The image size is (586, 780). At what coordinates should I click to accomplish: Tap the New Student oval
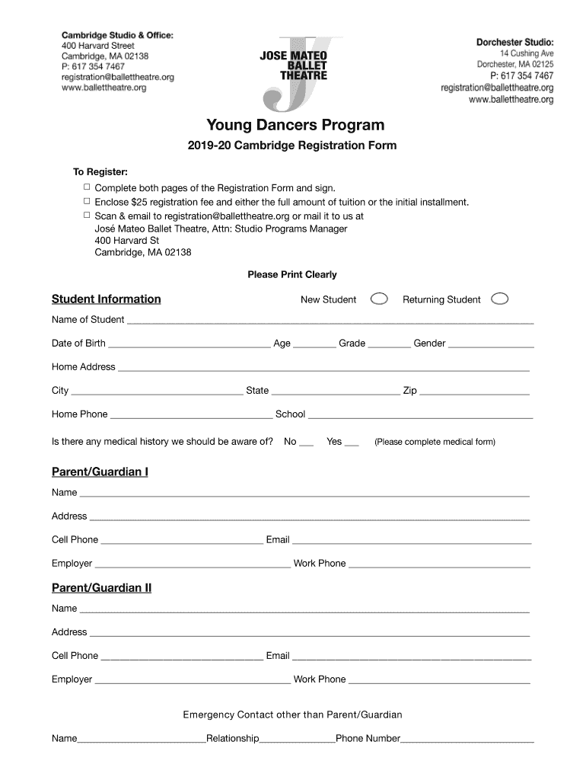coord(379,299)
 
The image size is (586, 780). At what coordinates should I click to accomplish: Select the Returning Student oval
coord(500,299)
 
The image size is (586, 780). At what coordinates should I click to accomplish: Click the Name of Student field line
coord(330,321)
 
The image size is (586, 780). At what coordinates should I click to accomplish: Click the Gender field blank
coord(491,344)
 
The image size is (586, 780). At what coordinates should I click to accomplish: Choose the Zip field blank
coord(474,392)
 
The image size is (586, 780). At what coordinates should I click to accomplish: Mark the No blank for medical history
coord(306,443)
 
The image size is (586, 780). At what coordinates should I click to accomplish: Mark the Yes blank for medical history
coord(352,443)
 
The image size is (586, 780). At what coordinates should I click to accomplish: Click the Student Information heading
coord(106,299)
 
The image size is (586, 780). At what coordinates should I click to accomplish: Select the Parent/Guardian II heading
coord(101,588)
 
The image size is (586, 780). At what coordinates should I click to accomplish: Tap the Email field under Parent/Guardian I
coord(411,541)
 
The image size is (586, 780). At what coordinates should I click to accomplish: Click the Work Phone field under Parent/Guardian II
coord(439,680)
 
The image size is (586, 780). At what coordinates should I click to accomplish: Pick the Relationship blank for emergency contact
coord(297,740)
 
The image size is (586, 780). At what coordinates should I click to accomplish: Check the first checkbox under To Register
coord(86,187)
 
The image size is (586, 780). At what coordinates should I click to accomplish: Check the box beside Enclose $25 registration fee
coord(86,201)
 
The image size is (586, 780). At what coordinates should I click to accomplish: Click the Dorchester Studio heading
coord(514,41)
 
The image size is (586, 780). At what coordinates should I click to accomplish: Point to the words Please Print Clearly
coord(291,274)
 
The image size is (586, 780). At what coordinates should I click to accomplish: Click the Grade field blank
coord(389,344)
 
